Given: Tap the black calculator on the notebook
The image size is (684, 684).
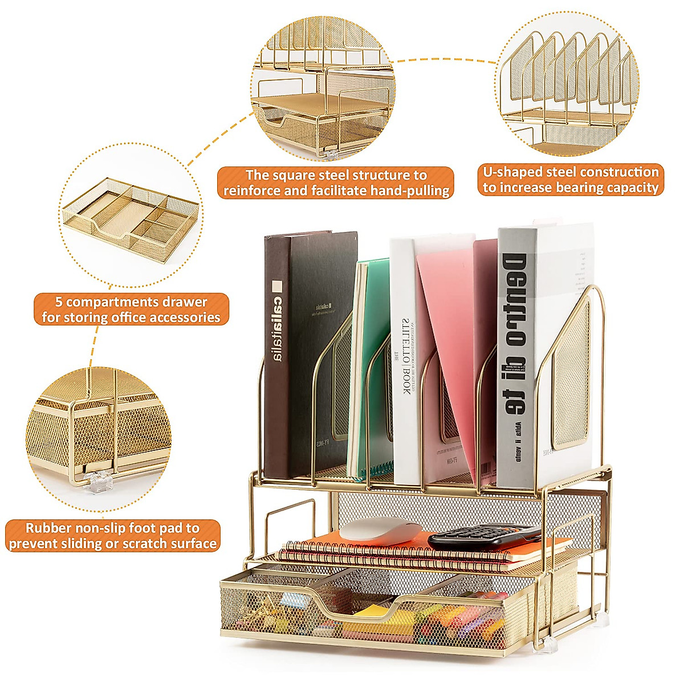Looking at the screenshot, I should (x=484, y=538).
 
